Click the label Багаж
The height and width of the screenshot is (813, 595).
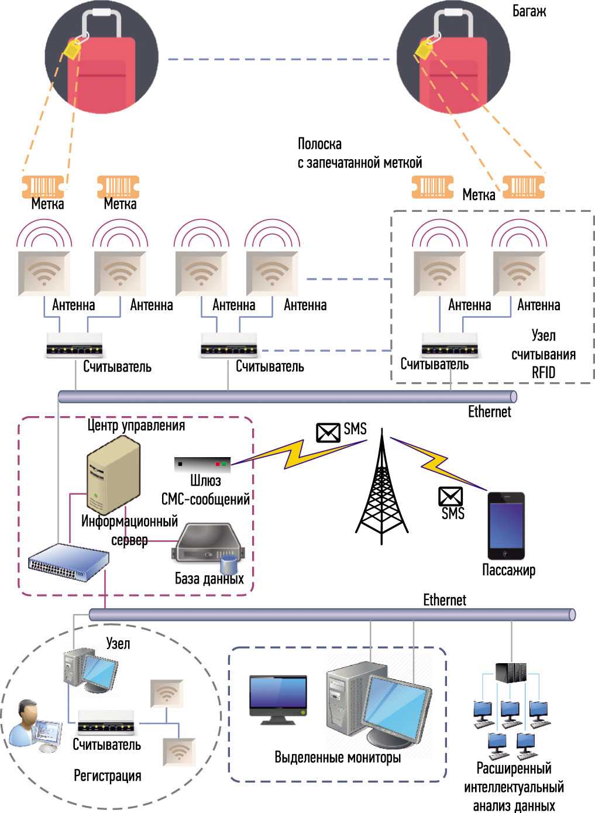click(529, 11)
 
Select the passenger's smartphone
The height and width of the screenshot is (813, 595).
click(507, 526)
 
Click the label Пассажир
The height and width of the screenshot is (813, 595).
click(508, 570)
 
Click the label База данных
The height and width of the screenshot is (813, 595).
click(209, 579)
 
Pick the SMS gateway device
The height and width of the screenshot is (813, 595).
click(202, 465)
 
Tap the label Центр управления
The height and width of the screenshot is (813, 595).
click(136, 426)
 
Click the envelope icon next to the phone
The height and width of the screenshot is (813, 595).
click(450, 496)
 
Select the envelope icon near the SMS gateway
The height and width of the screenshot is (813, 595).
click(328, 433)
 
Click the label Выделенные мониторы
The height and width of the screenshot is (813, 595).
click(338, 757)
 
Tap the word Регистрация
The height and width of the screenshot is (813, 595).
click(108, 776)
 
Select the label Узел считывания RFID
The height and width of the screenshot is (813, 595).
click(543, 354)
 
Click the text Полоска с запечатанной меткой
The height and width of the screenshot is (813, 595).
click(359, 153)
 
